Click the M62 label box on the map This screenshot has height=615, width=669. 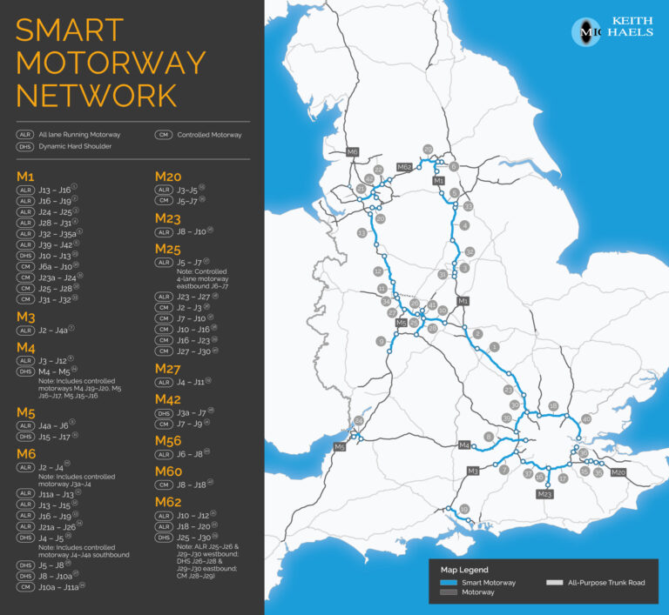[404, 166]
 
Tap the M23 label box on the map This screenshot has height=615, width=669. [545, 494]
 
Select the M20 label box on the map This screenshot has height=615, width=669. [618, 472]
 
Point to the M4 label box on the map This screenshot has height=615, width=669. [464, 445]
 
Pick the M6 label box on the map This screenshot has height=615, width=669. [353, 152]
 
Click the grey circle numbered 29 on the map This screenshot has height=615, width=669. [428, 150]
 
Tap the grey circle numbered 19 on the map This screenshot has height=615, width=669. [464, 510]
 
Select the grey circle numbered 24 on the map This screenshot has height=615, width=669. [357, 422]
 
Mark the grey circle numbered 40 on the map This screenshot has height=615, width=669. [586, 419]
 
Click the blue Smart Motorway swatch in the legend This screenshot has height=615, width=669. [449, 582]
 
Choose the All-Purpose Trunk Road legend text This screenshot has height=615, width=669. [608, 582]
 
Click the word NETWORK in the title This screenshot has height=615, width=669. [97, 94]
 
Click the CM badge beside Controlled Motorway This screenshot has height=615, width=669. [163, 135]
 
